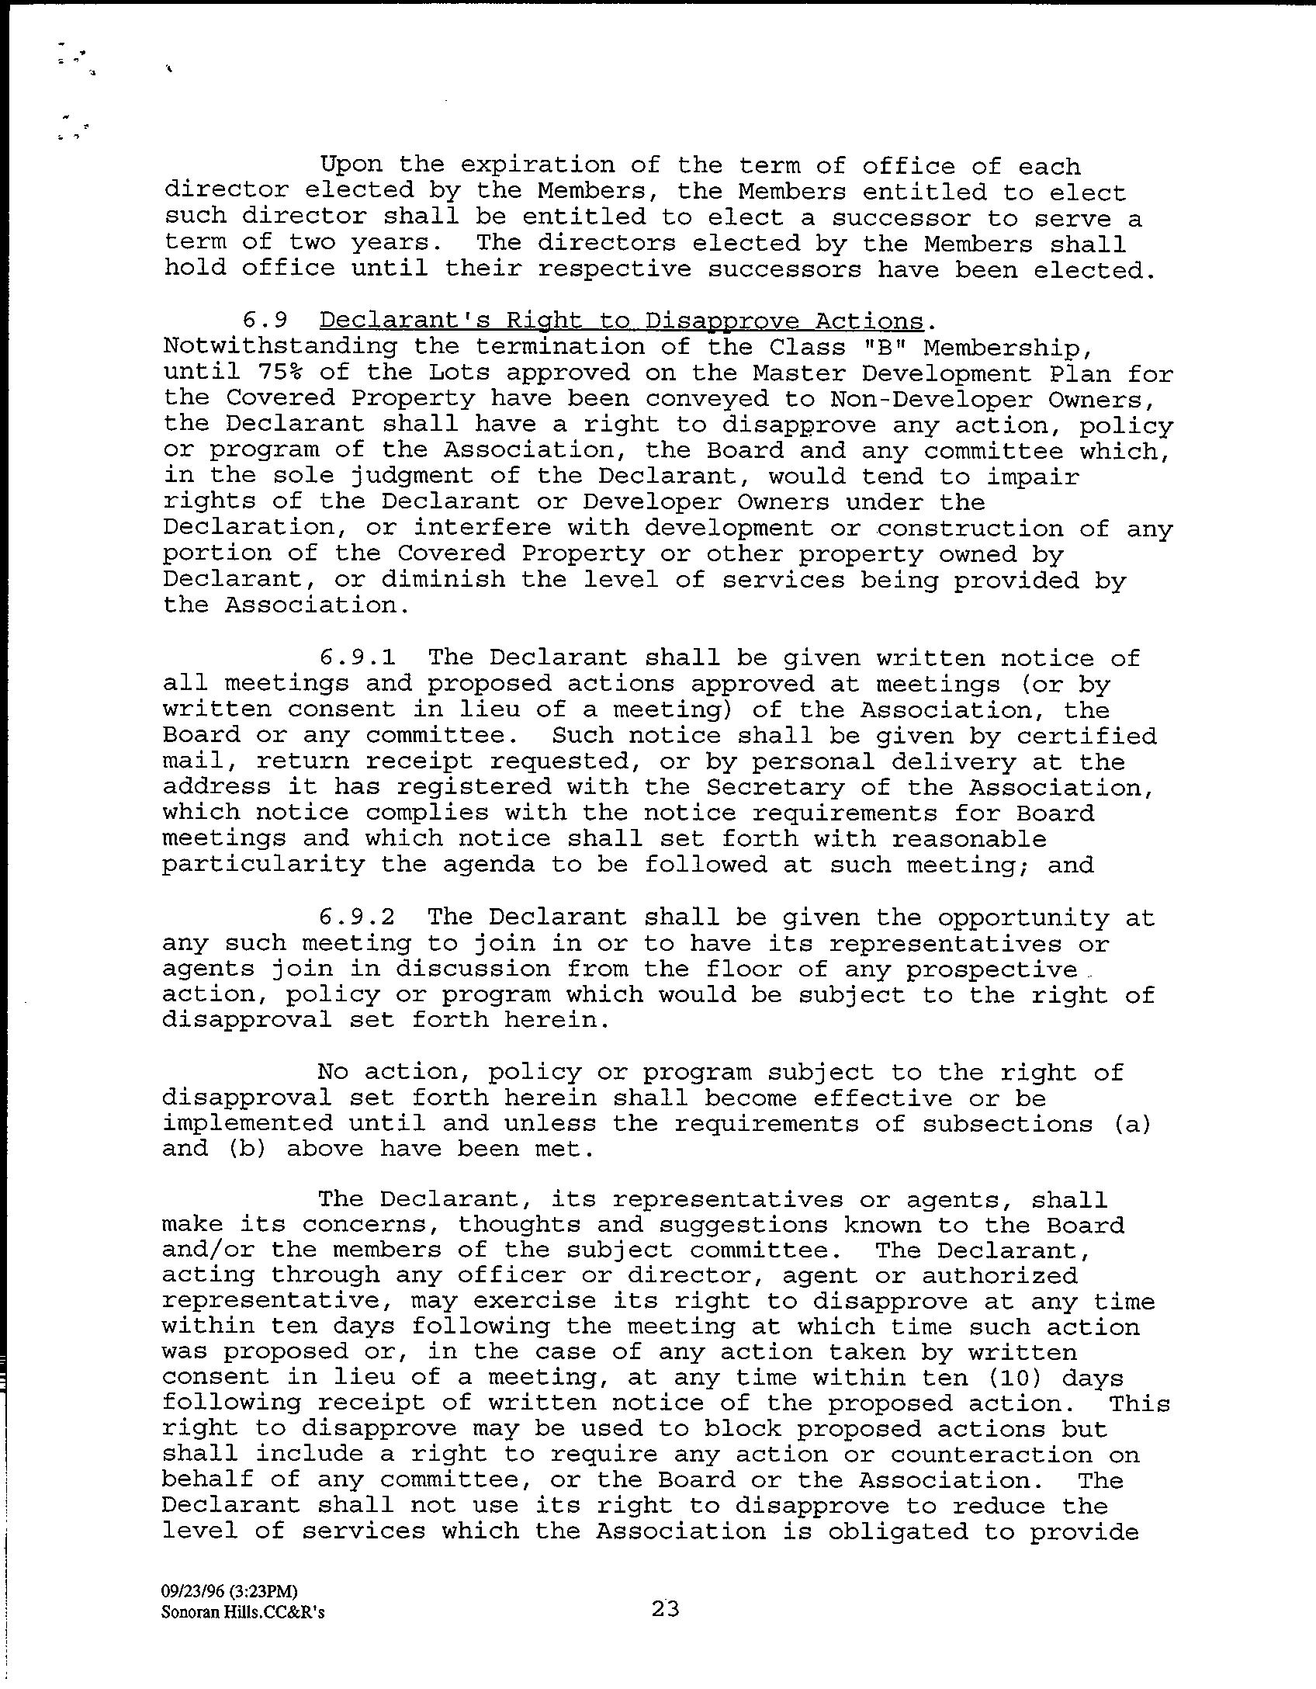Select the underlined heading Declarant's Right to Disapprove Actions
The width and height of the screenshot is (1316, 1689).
[x=622, y=321]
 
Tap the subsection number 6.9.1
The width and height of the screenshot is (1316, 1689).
[x=356, y=657]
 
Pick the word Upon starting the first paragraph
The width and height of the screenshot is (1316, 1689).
[x=352, y=165]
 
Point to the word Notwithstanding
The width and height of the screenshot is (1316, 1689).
[x=279, y=347]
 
